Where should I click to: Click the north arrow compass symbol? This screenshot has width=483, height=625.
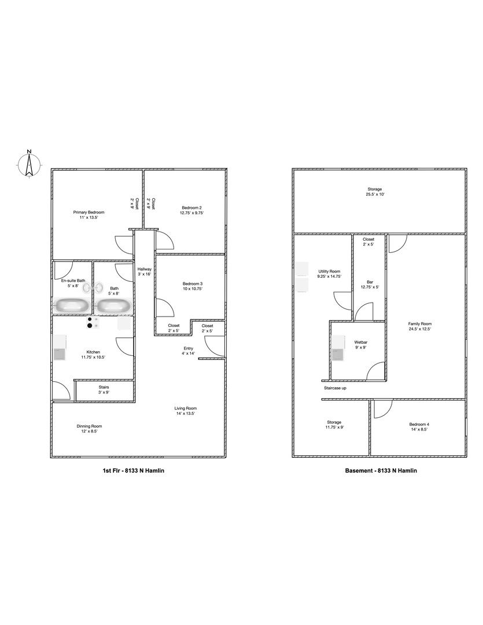coord(29,163)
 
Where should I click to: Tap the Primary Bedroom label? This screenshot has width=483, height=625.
coord(89,212)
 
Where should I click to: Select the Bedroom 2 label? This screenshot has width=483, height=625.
coord(191,208)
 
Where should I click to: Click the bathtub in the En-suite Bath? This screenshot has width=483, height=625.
coord(72,306)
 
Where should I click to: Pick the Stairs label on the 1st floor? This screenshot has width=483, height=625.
coord(104,387)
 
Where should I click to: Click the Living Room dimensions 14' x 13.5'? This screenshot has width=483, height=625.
coord(186,413)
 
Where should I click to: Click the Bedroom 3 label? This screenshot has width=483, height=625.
coord(193,284)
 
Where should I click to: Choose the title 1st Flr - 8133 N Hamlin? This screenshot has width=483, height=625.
coord(134,470)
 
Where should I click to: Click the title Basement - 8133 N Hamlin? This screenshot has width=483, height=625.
coord(381,470)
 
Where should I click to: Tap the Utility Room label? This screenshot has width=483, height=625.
coord(329,271)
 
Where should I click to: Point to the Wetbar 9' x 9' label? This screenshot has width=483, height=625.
coord(360,345)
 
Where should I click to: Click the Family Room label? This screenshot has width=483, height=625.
coord(419,324)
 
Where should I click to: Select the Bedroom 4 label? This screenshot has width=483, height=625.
coord(419,425)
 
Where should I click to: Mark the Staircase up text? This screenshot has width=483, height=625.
coord(335,388)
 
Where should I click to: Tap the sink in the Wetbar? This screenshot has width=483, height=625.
coord(338,354)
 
